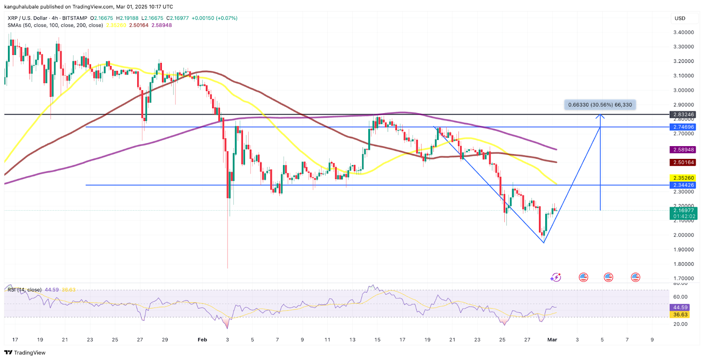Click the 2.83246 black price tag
683,114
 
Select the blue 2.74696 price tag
683,127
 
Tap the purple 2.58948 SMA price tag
683,150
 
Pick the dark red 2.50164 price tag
683,162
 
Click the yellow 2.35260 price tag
683,178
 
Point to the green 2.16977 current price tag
683,211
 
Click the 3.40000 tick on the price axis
683,32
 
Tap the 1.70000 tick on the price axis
683,279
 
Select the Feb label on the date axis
202,340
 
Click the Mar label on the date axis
552,340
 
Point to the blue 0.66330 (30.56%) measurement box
600,105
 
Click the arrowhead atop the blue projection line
600,116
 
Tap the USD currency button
680,18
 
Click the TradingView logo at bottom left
25,353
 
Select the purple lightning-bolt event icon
556,277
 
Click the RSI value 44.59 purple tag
680,308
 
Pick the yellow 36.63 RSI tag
680,315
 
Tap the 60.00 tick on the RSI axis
680,297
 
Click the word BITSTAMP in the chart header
74,18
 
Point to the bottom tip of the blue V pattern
544,242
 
